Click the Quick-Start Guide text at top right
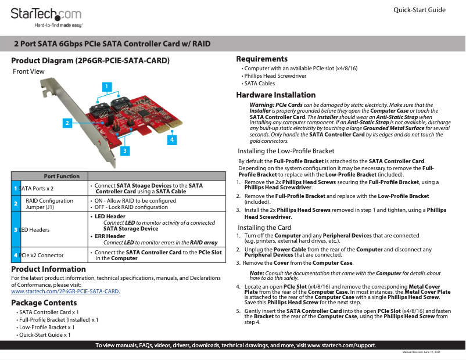click(x=420, y=10)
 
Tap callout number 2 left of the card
click(x=67, y=123)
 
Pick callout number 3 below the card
click(x=124, y=150)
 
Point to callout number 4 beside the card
click(x=172, y=140)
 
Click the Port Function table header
click(x=62, y=177)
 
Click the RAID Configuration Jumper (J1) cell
click(x=50, y=204)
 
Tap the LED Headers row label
click(x=34, y=230)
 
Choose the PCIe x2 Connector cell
click(x=41, y=255)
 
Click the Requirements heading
click(x=262, y=59)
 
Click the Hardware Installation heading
click(x=276, y=95)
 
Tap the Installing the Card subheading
click(x=265, y=228)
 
